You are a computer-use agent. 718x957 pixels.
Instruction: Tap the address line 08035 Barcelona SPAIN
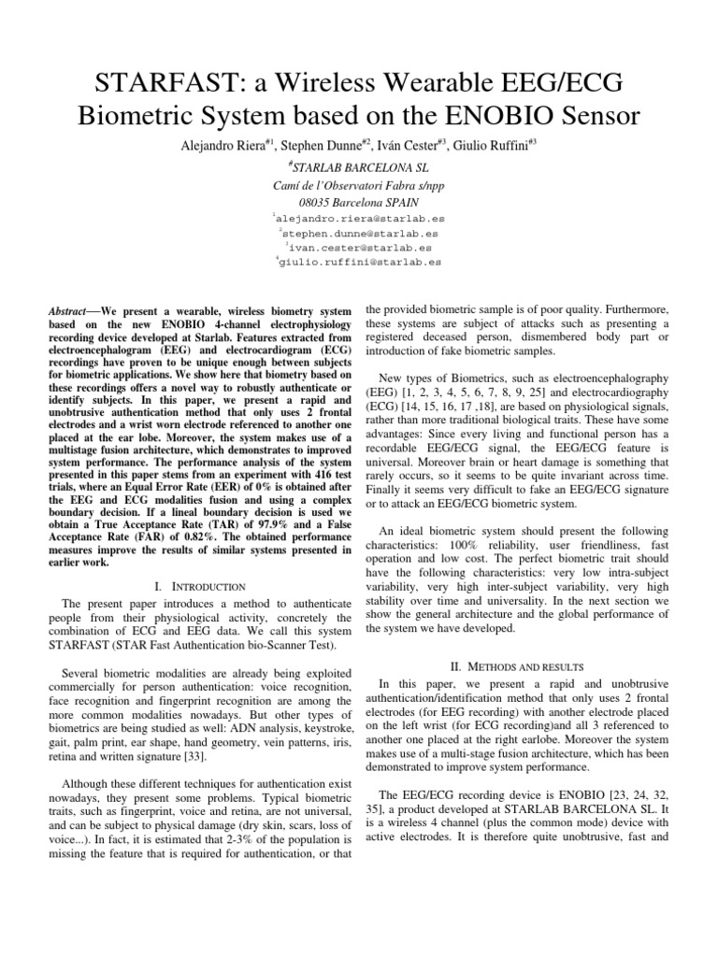(x=358, y=201)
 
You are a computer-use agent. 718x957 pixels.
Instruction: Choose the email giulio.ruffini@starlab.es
(x=360, y=264)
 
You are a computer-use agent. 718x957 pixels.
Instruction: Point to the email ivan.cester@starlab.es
(x=360, y=249)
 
